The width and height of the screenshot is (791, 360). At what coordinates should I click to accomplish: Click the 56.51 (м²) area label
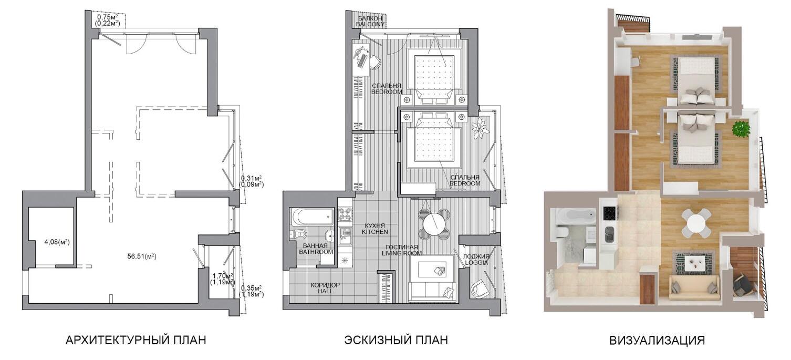[x=142, y=256]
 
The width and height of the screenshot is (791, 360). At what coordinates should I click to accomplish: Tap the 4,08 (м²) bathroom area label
[x=57, y=242]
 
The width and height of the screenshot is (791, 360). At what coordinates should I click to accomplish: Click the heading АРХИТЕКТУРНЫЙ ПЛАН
[x=136, y=340]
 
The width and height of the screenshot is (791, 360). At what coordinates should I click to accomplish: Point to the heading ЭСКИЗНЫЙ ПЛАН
[x=396, y=340]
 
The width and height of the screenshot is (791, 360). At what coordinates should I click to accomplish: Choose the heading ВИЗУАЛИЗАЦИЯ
[x=657, y=340]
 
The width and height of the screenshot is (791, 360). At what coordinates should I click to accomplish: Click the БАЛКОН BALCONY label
[x=370, y=21]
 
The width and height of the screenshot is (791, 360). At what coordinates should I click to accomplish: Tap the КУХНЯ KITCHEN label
[x=374, y=229]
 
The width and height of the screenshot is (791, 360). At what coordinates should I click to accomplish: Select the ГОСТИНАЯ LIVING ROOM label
[x=402, y=250]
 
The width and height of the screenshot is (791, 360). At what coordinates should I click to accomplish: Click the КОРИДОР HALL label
[x=325, y=288]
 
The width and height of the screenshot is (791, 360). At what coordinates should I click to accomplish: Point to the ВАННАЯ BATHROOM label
[x=316, y=249]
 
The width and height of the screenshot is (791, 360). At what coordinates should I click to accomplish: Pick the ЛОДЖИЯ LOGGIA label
[x=476, y=259]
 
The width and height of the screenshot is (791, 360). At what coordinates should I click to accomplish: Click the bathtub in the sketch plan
[x=313, y=216]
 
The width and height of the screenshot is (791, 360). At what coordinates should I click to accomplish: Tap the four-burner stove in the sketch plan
[x=345, y=213]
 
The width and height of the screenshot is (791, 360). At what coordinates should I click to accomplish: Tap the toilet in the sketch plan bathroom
[x=300, y=234]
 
